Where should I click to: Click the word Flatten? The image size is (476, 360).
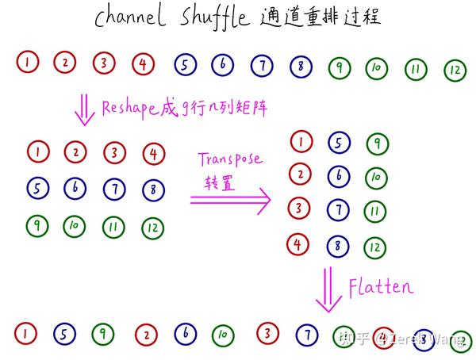[381, 287]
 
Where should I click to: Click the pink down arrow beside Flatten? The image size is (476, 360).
[328, 291]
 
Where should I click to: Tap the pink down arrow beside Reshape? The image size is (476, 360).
[83, 109]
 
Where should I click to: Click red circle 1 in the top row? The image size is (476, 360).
[27, 62]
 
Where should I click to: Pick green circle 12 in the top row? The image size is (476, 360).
[455, 71]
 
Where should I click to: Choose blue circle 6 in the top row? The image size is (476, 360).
[224, 64]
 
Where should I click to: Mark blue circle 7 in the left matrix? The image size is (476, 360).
[115, 189]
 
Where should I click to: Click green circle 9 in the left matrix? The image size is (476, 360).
[36, 226]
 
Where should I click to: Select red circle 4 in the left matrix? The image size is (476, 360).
[153, 151]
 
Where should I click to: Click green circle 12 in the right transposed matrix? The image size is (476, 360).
[375, 247]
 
